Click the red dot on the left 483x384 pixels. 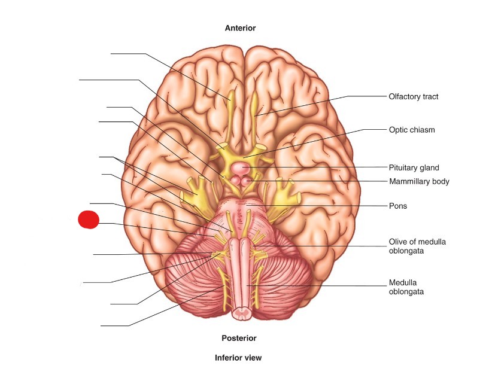click(x=89, y=220)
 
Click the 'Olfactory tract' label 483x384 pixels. click(x=414, y=96)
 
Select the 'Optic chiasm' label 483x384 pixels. click(x=412, y=129)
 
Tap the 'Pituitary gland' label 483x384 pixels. click(x=414, y=167)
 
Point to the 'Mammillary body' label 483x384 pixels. click(x=418, y=181)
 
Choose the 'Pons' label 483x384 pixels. click(x=397, y=205)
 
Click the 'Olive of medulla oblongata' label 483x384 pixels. click(x=417, y=246)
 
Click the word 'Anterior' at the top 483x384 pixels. click(x=240, y=28)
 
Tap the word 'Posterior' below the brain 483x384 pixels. click(x=239, y=338)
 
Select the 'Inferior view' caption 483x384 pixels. click(x=238, y=358)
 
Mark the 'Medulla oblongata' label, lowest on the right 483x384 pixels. click(x=406, y=287)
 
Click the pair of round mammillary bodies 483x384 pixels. click(x=242, y=180)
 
